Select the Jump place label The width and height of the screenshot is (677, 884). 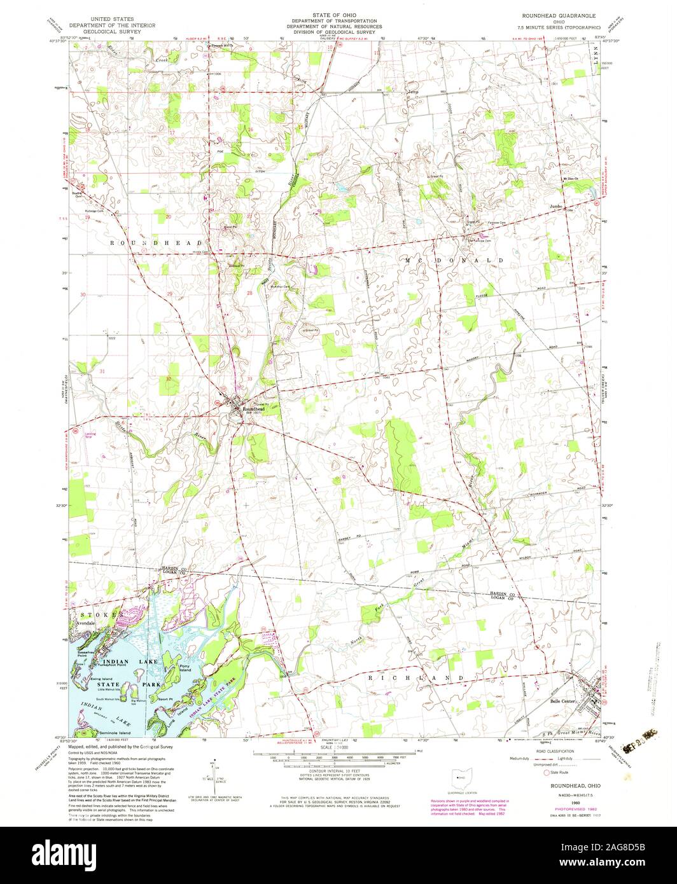click(x=412, y=92)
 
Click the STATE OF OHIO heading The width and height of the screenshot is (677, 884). click(x=338, y=14)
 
